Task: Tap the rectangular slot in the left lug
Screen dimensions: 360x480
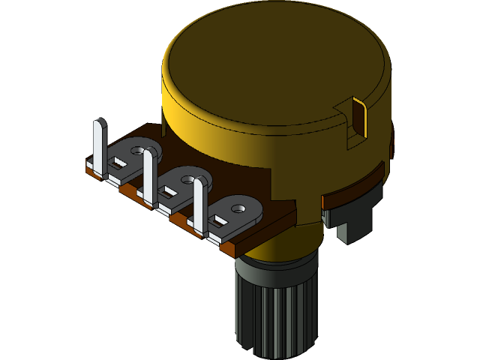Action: coord(118,161)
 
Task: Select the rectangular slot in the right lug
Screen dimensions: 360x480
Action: coord(218,220)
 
